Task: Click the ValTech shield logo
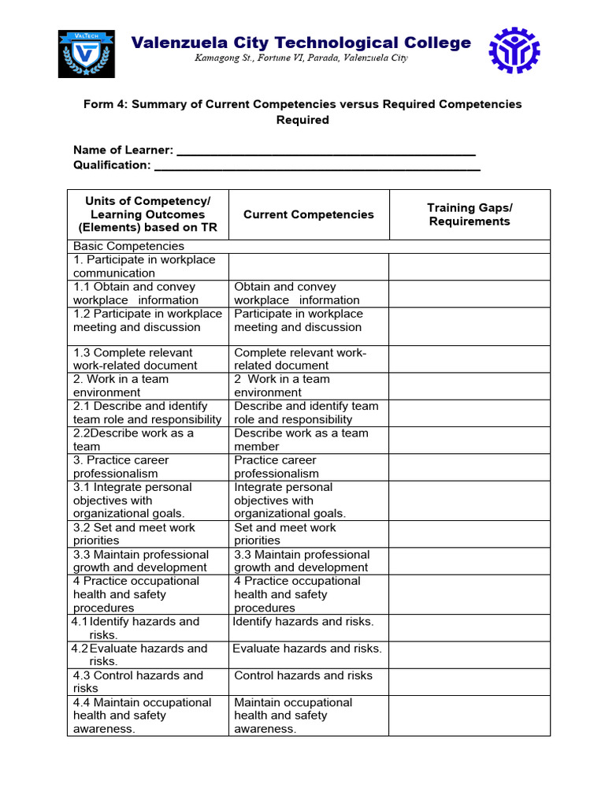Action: point(87,54)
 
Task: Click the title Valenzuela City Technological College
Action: point(301,43)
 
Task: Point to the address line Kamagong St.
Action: point(301,59)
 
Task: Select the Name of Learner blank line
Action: point(326,151)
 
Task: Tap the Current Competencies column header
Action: point(309,214)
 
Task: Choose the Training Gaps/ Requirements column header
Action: point(470,214)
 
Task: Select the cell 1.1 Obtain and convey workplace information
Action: point(147,293)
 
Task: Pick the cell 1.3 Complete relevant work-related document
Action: point(147,359)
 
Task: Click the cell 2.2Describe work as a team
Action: point(147,440)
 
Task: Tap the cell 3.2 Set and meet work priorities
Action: point(147,534)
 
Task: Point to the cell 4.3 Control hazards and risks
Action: point(147,682)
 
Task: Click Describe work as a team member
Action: point(309,440)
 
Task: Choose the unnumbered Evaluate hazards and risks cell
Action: point(307,649)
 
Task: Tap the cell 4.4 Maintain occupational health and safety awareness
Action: point(147,716)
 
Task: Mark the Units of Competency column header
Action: point(147,214)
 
